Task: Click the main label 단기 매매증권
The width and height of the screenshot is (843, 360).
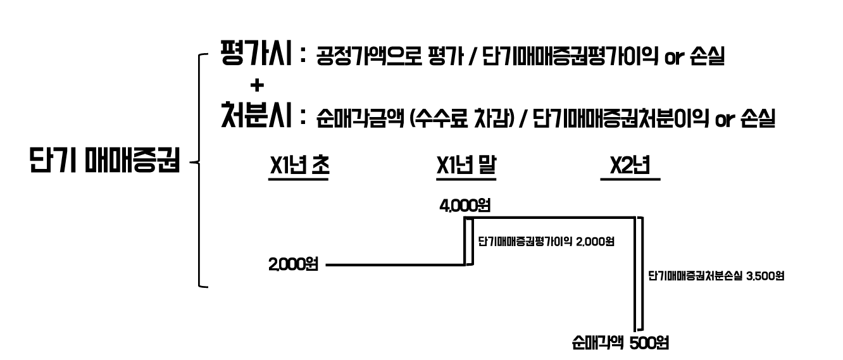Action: (105, 161)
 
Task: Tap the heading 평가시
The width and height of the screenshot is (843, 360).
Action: (256, 55)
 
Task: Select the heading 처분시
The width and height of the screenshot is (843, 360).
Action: (256, 117)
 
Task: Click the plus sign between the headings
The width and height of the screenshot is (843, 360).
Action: (257, 87)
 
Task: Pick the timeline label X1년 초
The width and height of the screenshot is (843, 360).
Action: (299, 166)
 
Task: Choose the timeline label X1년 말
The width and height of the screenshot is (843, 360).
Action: (466, 166)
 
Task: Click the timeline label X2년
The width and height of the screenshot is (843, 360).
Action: (630, 166)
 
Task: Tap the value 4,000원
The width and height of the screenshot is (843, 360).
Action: (466, 206)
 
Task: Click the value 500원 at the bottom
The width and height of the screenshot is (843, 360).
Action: (649, 344)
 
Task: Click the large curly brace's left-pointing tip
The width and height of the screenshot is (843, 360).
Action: (191, 163)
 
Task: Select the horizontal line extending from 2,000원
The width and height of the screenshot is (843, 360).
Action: (395, 266)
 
